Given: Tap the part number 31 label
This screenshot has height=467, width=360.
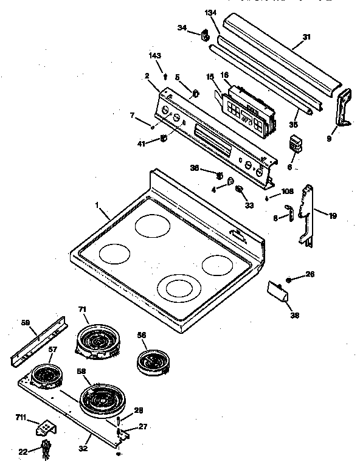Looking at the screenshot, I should tap(306, 37).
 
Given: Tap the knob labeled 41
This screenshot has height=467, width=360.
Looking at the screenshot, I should tap(164, 139).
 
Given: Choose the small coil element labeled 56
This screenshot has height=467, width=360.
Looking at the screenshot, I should tap(150, 361).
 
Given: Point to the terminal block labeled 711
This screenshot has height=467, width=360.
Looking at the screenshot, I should tap(45, 429).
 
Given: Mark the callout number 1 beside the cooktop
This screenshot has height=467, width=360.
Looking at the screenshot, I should tap(97, 206).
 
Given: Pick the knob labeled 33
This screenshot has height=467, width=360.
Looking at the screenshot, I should tap(240, 190).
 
